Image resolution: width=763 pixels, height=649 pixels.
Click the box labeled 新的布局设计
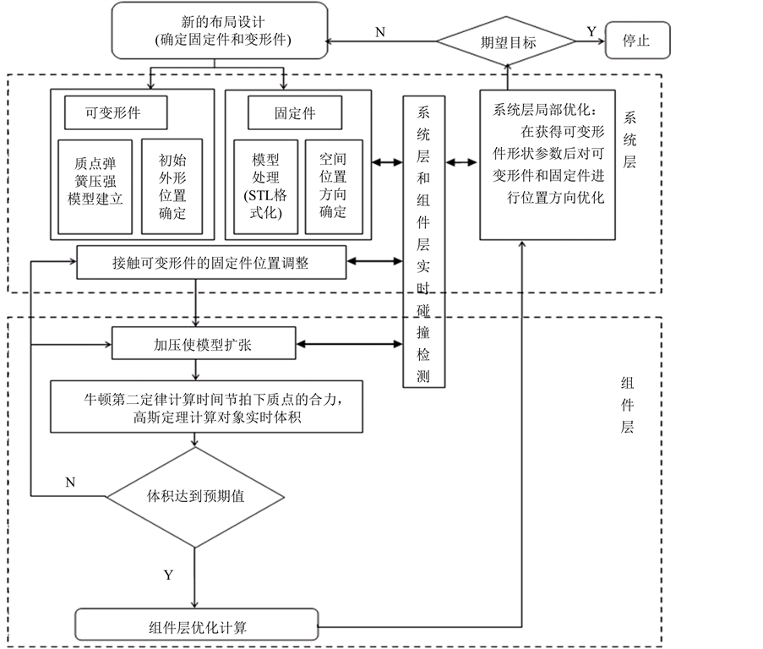pos(219,30)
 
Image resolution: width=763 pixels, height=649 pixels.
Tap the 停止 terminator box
pos(637,41)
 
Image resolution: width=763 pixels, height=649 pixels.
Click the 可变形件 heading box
pos(116,112)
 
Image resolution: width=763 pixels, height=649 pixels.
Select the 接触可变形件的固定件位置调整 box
pos(210,262)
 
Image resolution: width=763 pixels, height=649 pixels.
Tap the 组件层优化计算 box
pos(199,626)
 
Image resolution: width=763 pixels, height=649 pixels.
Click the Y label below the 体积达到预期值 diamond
pos(168,575)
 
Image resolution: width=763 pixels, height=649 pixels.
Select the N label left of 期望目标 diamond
pos(380,31)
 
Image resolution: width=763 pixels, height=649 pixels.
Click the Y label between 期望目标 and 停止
pos(591,31)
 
